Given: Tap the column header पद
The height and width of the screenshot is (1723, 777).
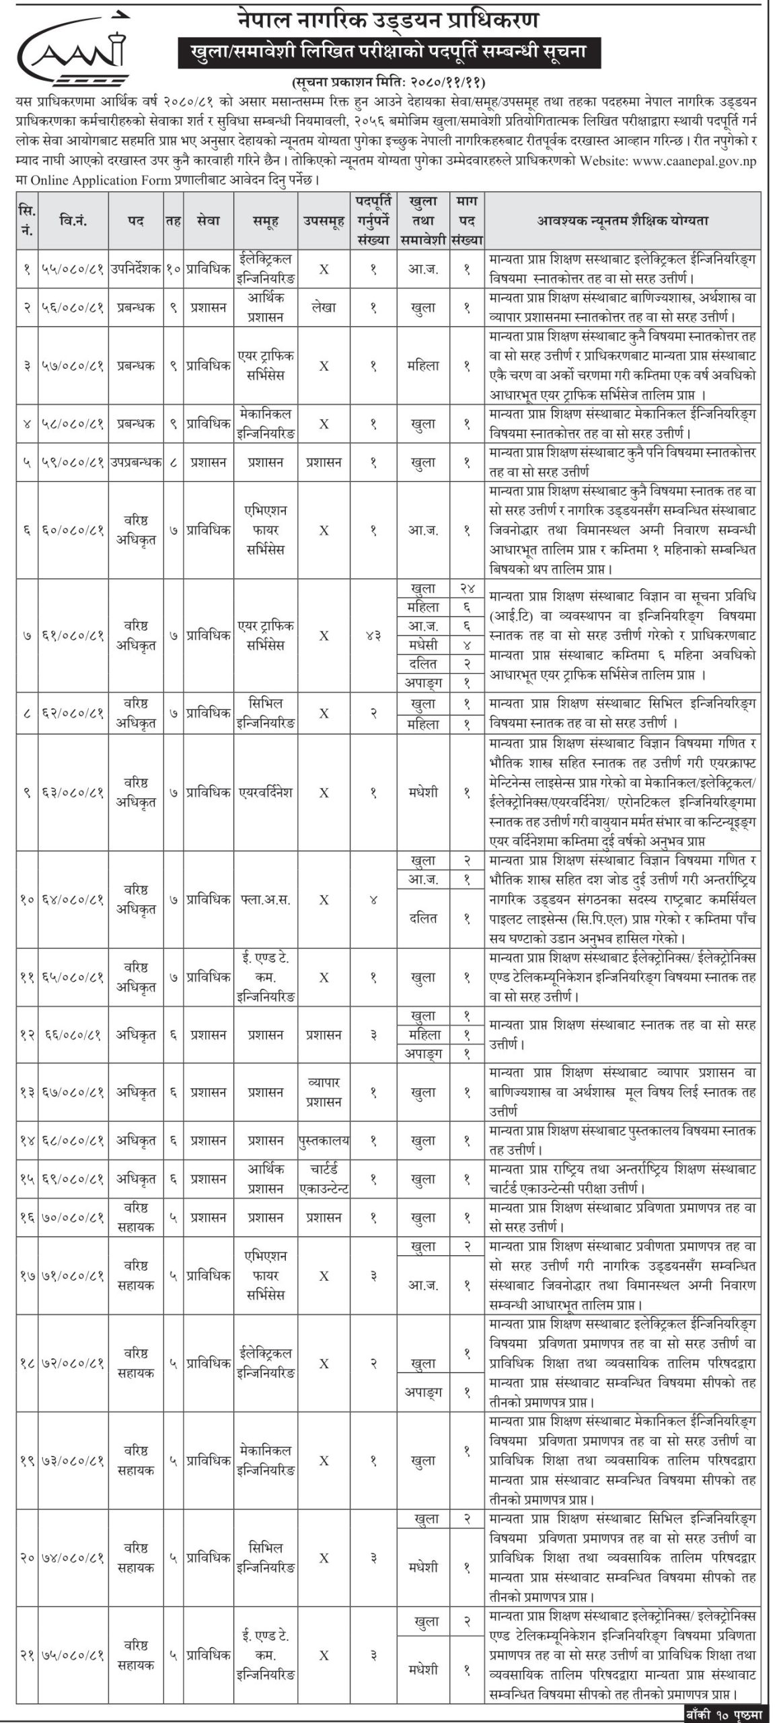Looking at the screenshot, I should click(x=135, y=220).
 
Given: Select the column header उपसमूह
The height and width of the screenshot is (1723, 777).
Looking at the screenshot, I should click(x=324, y=220).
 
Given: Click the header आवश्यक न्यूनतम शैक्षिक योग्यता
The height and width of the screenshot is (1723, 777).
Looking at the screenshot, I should click(x=622, y=220).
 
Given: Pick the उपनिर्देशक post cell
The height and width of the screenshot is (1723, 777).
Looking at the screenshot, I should click(x=135, y=269).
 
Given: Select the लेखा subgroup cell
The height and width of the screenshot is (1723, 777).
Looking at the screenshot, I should click(x=324, y=308).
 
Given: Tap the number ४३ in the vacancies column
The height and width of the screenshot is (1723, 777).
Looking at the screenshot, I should click(x=373, y=635).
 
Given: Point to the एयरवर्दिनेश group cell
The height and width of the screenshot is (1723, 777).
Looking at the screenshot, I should click(x=266, y=792).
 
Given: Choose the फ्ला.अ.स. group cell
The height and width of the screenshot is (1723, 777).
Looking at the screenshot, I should click(x=266, y=899).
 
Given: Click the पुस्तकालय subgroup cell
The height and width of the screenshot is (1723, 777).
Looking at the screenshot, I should click(x=324, y=1141).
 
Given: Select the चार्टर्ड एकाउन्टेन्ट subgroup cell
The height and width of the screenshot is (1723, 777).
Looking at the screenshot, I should click(x=324, y=1179).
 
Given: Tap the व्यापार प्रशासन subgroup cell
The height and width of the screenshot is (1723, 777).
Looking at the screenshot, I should click(x=324, y=1093).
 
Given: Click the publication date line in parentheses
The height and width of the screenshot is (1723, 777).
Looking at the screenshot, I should click(x=388, y=83).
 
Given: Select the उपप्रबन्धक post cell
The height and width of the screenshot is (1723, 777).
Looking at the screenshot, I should click(x=135, y=462).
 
